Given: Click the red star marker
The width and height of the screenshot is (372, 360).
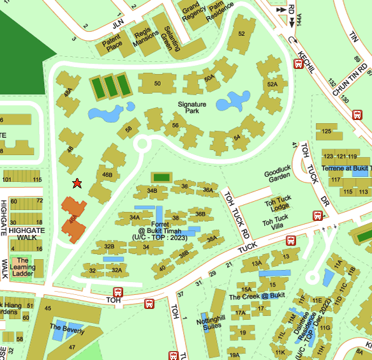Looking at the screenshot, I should click(77, 184).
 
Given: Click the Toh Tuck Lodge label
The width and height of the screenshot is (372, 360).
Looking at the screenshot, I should click(277, 206).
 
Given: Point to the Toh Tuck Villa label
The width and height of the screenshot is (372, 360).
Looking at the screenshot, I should click(275, 221).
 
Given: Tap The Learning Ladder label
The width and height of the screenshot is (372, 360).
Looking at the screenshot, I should click(22, 267).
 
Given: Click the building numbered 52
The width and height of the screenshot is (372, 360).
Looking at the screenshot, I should click(241, 34).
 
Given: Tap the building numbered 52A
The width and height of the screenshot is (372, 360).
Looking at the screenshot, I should click(272, 84).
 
